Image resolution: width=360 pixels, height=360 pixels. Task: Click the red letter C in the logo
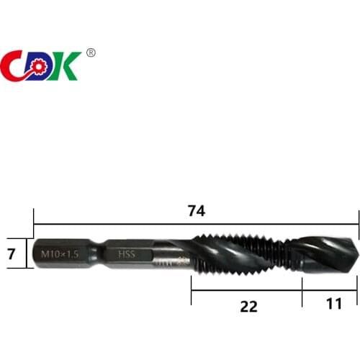tap(16, 66)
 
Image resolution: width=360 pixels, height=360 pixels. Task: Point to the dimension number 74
tap(196, 211)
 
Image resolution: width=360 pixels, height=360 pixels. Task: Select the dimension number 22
tap(248, 306)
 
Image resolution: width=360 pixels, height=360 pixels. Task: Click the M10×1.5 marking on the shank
tap(60, 253)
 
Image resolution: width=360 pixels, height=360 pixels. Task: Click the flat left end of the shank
tap(36, 253)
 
